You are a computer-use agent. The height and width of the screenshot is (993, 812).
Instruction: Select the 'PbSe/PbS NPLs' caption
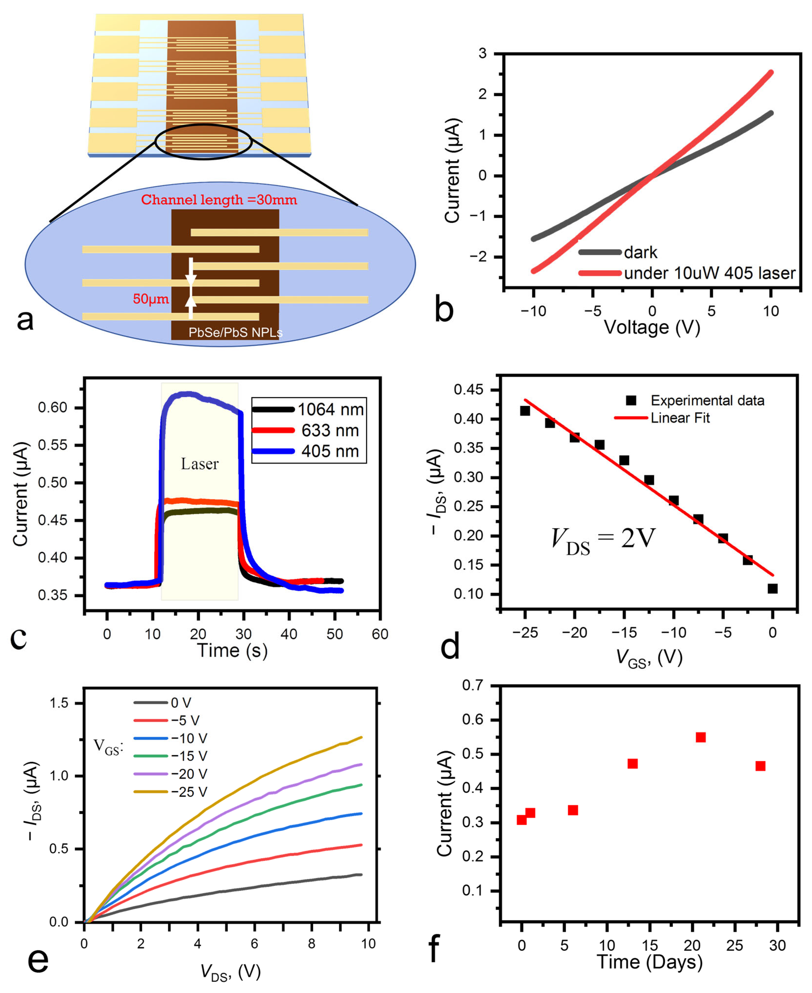click(x=235, y=332)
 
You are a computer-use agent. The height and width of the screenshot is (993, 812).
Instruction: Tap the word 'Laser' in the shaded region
click(x=200, y=464)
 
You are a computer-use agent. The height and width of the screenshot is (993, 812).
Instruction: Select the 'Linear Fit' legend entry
click(x=680, y=418)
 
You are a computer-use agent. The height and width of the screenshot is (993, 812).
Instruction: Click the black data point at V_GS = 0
click(x=772, y=588)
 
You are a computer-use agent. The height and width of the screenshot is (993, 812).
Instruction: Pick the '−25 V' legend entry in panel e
click(x=188, y=791)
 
